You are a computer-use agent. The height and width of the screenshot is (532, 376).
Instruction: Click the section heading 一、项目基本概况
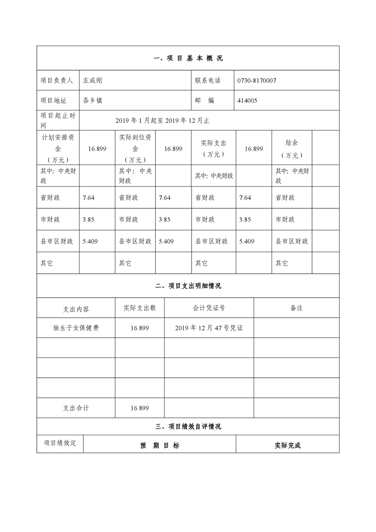tap(188, 58)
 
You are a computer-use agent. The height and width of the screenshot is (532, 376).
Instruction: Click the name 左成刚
tap(92, 81)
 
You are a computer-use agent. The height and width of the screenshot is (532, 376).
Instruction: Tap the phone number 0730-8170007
tap(257, 81)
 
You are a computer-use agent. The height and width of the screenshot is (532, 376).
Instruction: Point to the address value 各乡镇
tap(92, 101)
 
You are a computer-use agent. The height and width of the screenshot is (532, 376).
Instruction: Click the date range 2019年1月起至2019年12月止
tap(162, 120)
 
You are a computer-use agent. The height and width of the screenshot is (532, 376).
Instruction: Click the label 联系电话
tap(208, 81)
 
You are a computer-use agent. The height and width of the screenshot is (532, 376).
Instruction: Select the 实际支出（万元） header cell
tap(213, 148)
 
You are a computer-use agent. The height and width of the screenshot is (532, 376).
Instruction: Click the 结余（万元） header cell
tap(292, 148)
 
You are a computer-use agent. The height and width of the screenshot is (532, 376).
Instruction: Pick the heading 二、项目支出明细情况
tap(188, 286)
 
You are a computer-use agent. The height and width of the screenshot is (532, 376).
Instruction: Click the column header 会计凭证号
tap(209, 308)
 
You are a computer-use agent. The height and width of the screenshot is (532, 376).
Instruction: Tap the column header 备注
tap(296, 308)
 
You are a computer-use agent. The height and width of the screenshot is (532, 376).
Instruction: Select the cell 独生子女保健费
tap(76, 328)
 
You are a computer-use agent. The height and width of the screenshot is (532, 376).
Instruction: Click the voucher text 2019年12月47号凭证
tap(209, 328)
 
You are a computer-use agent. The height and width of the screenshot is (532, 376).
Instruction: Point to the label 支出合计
tap(76, 408)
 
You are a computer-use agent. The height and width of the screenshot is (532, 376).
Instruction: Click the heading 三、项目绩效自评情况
tap(188, 426)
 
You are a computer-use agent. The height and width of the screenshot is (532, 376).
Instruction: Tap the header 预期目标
tap(160, 446)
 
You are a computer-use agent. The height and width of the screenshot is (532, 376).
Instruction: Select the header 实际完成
tap(287, 446)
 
